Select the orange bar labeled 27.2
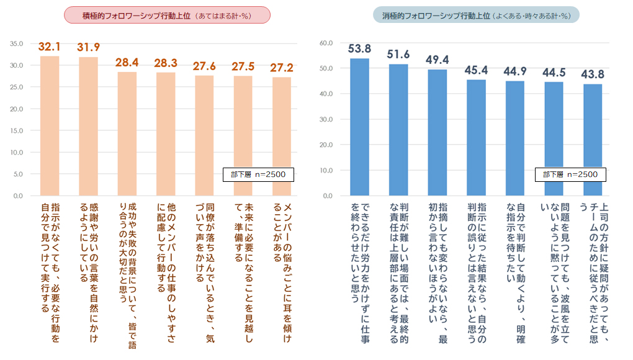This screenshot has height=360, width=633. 282,137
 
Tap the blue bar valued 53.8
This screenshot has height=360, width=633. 360,127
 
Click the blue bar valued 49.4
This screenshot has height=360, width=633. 438,133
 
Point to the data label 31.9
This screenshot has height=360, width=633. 88,47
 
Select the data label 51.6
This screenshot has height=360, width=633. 398,54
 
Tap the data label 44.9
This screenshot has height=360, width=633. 515,71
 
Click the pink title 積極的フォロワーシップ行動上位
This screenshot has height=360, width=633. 168,15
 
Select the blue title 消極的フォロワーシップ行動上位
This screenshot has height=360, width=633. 477,15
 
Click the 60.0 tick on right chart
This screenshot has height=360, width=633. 326,43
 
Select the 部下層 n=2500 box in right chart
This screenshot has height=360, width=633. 570,174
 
